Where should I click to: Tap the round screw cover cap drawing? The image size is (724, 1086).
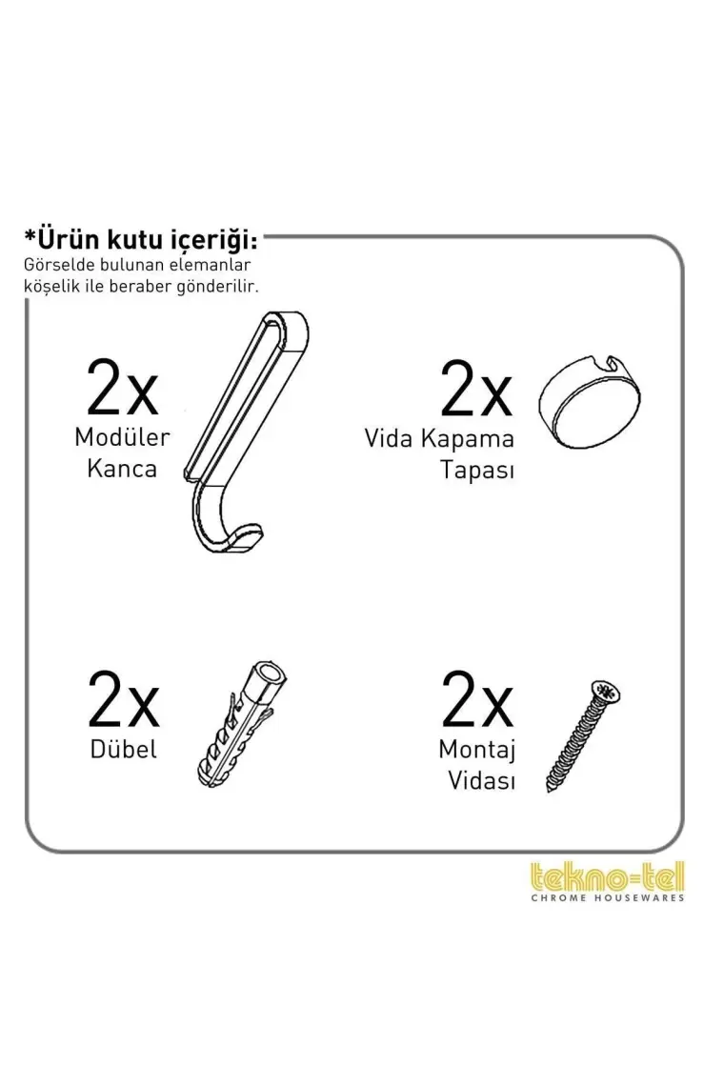click(x=590, y=403)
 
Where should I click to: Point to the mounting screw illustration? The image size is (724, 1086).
click(x=583, y=735)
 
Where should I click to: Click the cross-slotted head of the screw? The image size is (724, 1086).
click(x=606, y=692)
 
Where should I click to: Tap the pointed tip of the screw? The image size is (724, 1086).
click(x=549, y=790)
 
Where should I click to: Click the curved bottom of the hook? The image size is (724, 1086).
click(x=222, y=527)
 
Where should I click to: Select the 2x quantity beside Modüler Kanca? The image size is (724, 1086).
click(x=123, y=387)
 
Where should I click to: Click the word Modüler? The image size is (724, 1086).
click(x=122, y=437)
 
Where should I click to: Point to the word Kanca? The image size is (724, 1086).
click(x=122, y=469)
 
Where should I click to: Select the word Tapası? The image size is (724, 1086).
click(x=477, y=471)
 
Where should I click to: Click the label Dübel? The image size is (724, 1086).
click(x=123, y=749)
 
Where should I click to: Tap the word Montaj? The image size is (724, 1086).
click(x=476, y=750)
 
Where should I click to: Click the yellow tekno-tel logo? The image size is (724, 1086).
click(x=607, y=876)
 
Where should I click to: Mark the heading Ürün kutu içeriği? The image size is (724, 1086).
click(x=141, y=240)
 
